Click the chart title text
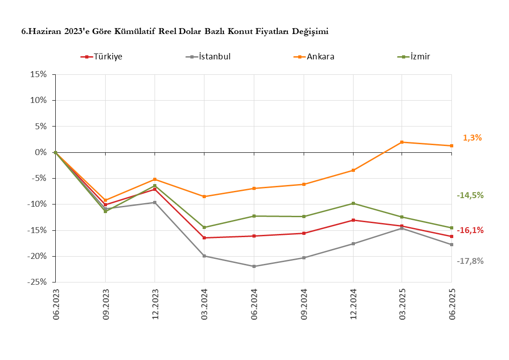[175, 31]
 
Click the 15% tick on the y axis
[39, 74]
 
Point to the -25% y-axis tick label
[37, 282]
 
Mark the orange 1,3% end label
[472, 138]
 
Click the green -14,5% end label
[470, 195]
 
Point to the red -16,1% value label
[470, 230]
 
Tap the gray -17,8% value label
[470, 261]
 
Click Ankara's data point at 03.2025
[402, 142]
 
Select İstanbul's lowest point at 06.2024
[254, 266]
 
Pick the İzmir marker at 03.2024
[204, 227]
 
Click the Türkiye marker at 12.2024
[353, 220]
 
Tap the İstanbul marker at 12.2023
[155, 202]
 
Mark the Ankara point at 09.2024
[304, 185]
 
